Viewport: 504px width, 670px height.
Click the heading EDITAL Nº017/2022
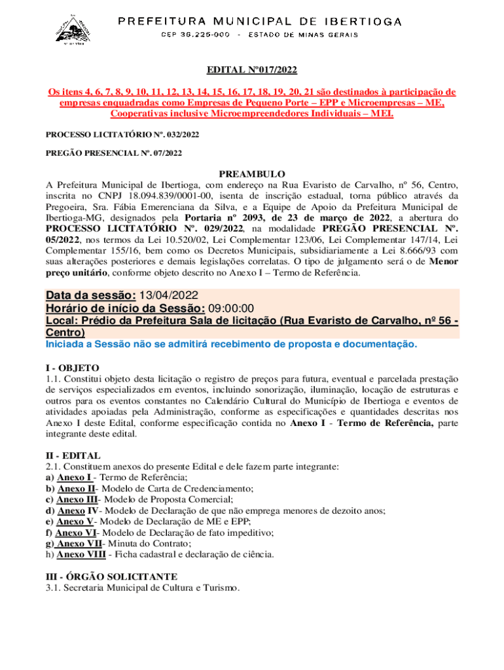click(x=252, y=70)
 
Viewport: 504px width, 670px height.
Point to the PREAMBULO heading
click(x=252, y=174)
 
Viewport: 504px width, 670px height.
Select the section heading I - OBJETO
click(x=72, y=368)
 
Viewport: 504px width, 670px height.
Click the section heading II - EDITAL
click(x=73, y=455)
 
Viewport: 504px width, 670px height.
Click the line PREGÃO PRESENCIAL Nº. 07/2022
click(x=113, y=153)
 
